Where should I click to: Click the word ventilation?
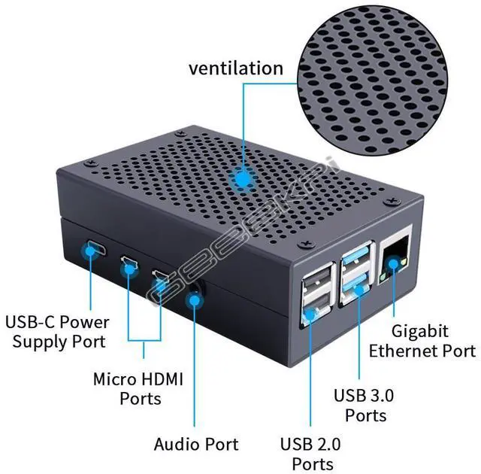click(235, 68)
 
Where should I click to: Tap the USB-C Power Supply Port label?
click(57, 332)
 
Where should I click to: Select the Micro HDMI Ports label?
click(138, 387)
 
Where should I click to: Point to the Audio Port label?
click(196, 444)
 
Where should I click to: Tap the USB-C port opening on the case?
click(95, 248)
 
